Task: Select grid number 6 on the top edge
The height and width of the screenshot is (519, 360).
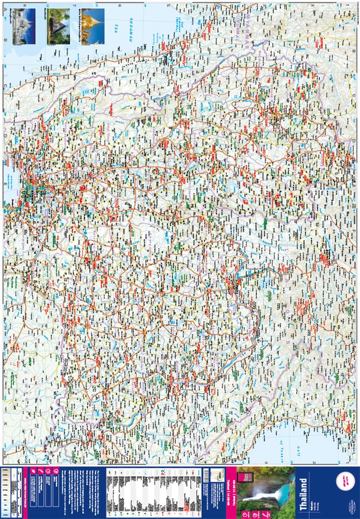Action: (x=119, y=7)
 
